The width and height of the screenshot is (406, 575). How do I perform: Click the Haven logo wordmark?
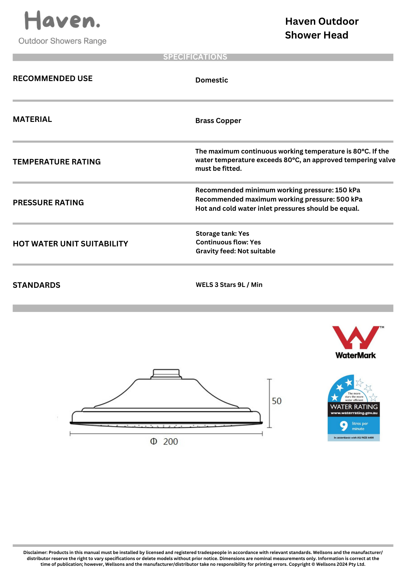click(x=62, y=20)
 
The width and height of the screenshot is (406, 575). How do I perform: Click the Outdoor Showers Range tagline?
click(x=62, y=41)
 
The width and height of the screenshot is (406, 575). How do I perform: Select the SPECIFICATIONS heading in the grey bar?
click(x=195, y=57)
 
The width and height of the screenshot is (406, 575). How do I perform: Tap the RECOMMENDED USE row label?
click(x=53, y=78)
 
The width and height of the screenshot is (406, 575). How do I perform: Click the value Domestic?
click(x=212, y=80)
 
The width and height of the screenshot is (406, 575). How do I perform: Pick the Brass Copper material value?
click(x=218, y=121)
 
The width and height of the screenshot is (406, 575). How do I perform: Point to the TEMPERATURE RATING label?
click(x=57, y=162)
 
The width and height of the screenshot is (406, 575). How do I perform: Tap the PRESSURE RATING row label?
click(x=48, y=203)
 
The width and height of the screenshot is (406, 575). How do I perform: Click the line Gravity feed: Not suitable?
click(x=235, y=251)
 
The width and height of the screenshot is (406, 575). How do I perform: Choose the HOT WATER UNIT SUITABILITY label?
click(x=70, y=244)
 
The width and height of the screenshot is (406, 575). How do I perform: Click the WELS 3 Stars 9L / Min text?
click(x=229, y=285)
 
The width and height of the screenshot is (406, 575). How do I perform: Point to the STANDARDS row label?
click(x=36, y=285)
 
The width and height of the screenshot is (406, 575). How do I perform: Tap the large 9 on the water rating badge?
click(x=343, y=425)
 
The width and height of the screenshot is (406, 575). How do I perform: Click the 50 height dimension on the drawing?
click(x=277, y=401)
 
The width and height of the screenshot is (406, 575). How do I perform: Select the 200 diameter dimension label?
click(x=170, y=442)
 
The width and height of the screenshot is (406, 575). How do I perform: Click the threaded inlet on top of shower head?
click(x=166, y=374)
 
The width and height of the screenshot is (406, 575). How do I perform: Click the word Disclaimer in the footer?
click(x=35, y=552)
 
